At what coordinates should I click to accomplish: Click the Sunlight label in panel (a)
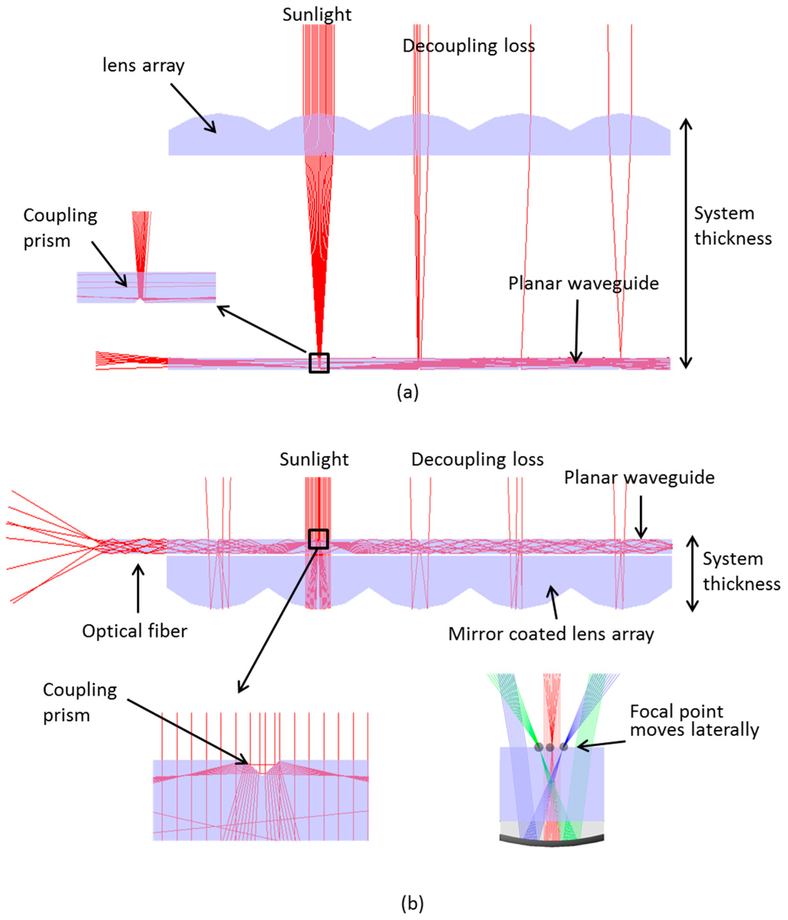pos(317,15)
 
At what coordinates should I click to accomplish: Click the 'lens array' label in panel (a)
pos(143,66)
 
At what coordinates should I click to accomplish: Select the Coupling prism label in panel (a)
pos(60,228)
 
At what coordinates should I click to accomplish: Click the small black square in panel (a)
pos(319,363)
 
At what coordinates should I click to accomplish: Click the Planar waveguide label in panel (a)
pos(583,283)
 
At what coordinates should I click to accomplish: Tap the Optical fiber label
pos(135,631)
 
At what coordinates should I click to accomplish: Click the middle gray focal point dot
pos(550,747)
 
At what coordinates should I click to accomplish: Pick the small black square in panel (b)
pos(318,539)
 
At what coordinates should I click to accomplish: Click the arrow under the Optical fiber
pos(138,588)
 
